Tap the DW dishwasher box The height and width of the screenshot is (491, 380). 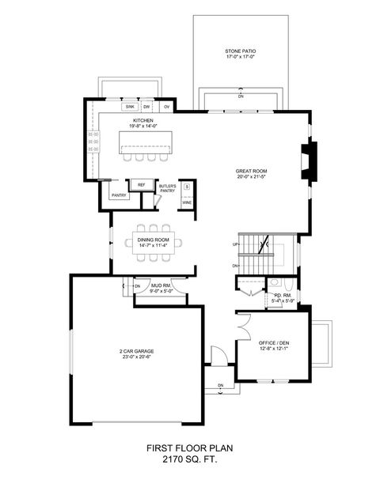click(147, 105)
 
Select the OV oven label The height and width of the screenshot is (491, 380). click(166, 105)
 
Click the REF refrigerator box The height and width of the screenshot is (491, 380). click(142, 185)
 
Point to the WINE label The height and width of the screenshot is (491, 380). click(187, 202)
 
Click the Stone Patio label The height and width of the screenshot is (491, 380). click(240, 52)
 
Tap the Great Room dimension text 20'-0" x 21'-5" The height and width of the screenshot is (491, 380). click(251, 177)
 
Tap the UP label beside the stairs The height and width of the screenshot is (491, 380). click(235, 244)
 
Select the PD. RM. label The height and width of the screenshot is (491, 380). click(283, 296)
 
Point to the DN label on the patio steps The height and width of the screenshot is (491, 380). click(240, 96)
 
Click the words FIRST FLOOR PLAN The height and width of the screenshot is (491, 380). click(189, 448)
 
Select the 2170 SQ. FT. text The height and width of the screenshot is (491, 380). click(189, 459)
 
